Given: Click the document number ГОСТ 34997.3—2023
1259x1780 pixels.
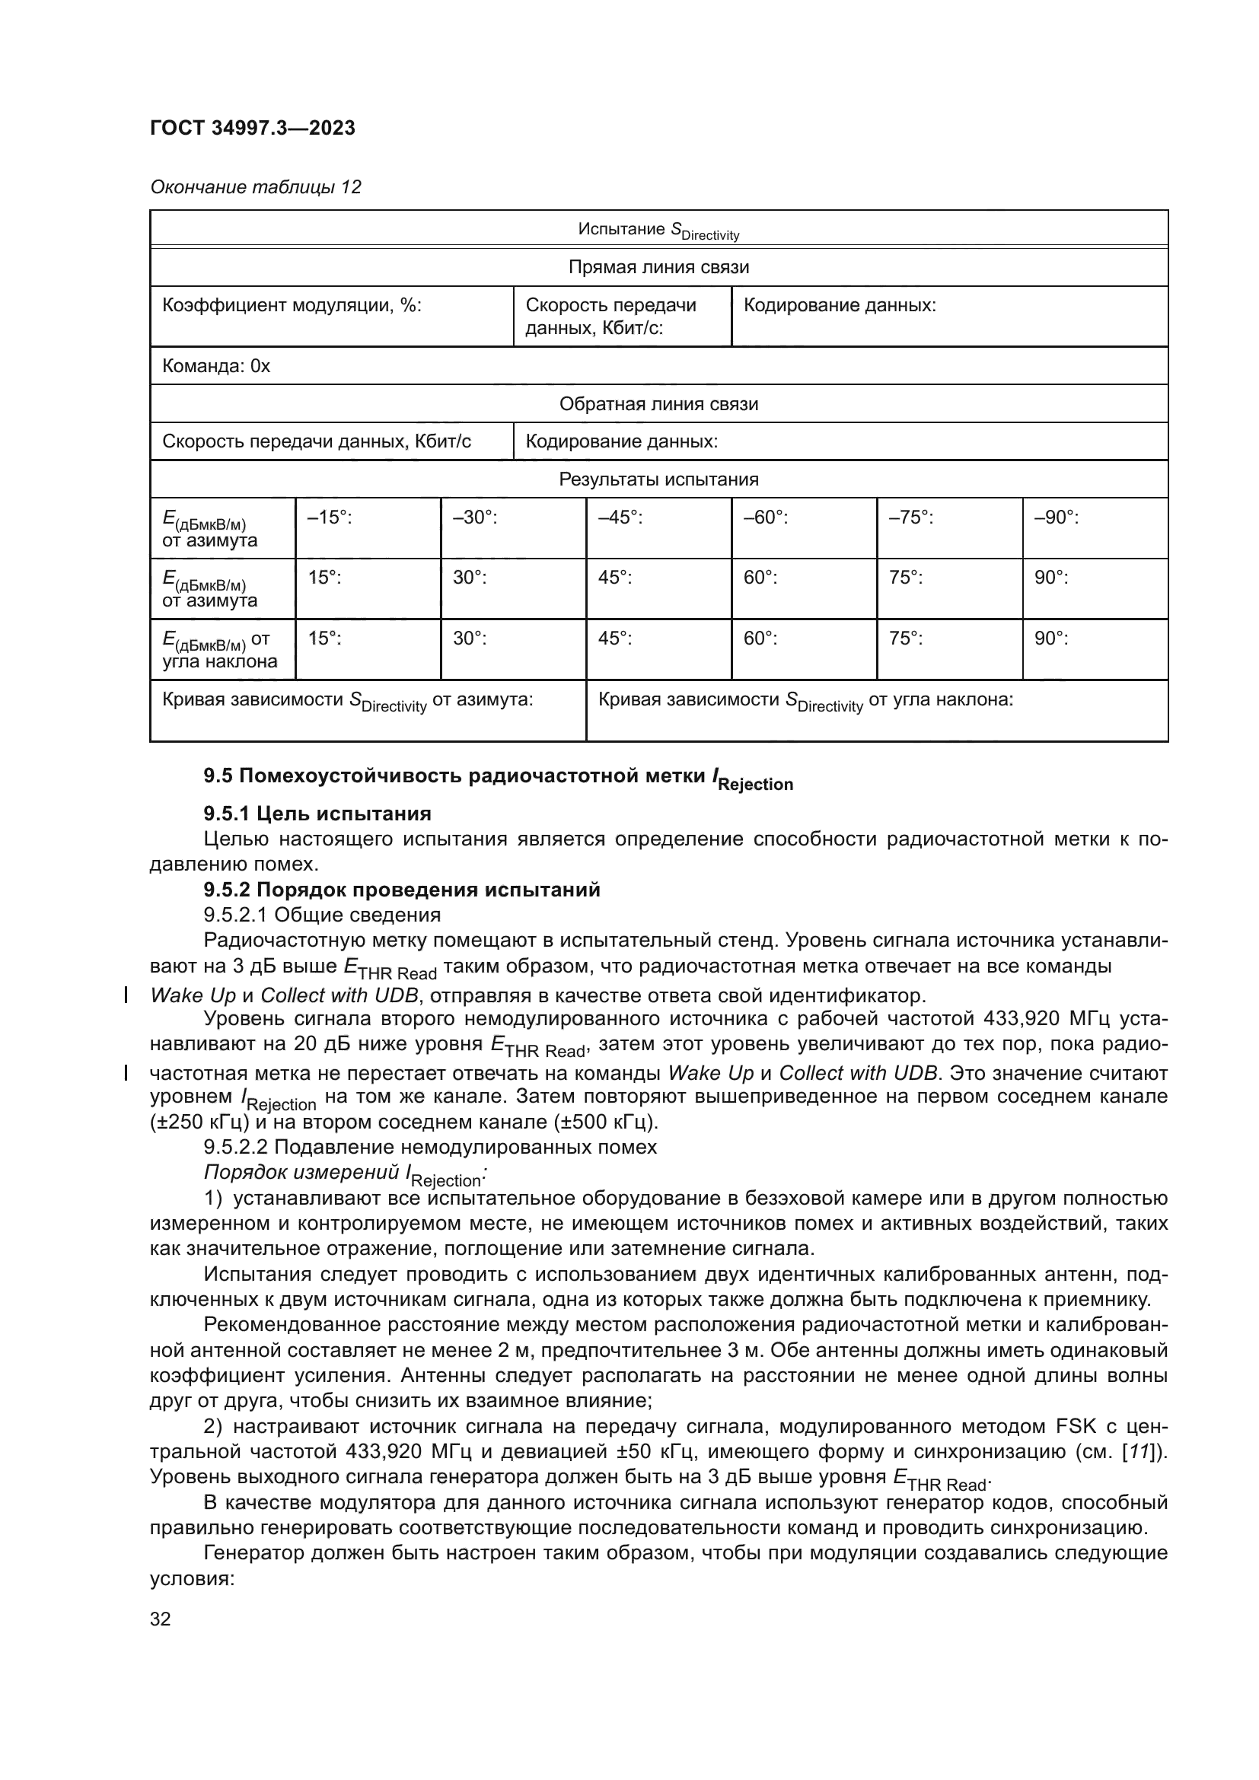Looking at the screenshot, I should pyautogui.click(x=253, y=128).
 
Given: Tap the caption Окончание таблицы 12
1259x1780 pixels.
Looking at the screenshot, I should pyautogui.click(x=255, y=187).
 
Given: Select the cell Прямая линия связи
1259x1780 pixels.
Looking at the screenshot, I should pyautogui.click(x=658, y=267).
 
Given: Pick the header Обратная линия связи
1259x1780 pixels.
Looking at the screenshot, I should pyautogui.click(x=658, y=404).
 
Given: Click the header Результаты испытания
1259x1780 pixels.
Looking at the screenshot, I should pyautogui.click(x=658, y=479).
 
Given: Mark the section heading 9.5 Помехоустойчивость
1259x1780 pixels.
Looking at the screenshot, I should pyautogui.click(x=498, y=778).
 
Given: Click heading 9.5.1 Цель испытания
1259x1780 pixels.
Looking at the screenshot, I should pyautogui.click(x=317, y=814).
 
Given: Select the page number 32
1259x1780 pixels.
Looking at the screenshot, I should pyautogui.click(x=161, y=1619).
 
